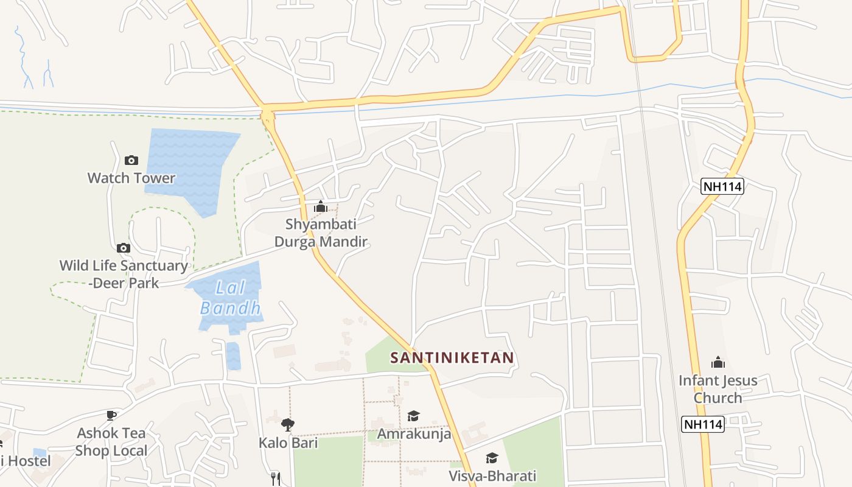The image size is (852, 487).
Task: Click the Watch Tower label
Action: tap(131, 178)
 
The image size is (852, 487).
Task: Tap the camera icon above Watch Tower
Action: tap(131, 161)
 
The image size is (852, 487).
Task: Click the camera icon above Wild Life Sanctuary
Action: tap(124, 248)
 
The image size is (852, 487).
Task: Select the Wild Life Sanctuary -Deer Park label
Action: tap(124, 274)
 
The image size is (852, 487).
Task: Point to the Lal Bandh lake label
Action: tap(231, 297)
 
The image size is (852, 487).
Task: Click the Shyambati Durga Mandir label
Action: tap(321, 233)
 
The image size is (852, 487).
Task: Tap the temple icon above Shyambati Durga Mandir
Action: tap(321, 207)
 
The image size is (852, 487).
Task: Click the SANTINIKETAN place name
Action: tap(452, 357)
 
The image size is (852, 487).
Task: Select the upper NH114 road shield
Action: tap(722, 186)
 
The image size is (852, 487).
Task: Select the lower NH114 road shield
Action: tap(703, 424)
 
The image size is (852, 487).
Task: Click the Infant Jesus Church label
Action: tap(718, 389)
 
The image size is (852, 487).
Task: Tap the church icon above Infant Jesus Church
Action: tap(718, 363)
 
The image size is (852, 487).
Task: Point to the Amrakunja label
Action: tap(414, 433)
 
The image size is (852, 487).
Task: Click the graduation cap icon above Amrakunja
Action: tap(414, 416)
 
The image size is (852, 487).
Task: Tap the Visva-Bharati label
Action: tap(492, 475)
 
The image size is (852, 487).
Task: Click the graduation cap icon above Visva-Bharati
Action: tap(492, 458)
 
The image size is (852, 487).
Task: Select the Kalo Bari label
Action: tap(288, 443)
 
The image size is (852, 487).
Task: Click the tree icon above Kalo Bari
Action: tap(288, 424)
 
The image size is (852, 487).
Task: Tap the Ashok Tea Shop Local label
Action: tap(111, 442)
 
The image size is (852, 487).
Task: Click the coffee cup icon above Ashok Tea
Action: tap(111, 415)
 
